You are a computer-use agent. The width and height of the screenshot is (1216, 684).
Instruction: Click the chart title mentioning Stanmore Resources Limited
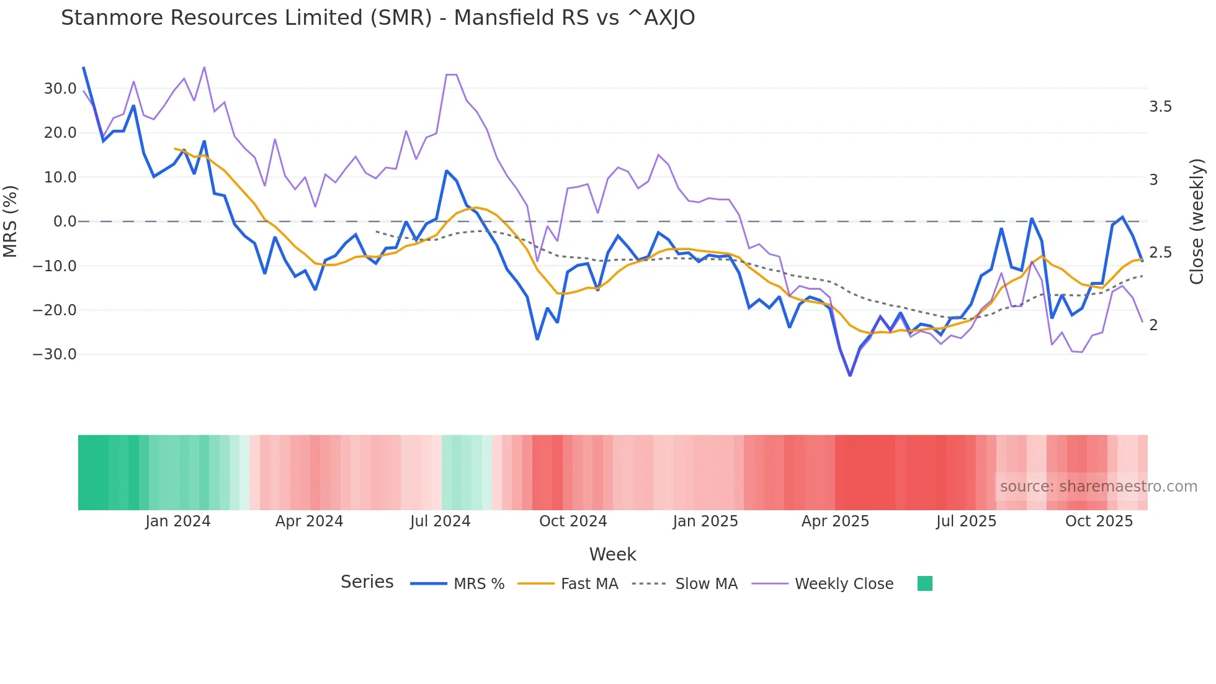coord(378,18)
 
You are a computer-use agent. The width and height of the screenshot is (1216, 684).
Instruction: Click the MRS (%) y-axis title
coord(11,221)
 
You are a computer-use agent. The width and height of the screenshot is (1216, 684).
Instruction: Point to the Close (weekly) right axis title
coord(1197,222)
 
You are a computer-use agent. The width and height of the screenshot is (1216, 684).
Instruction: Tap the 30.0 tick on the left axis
coord(60,89)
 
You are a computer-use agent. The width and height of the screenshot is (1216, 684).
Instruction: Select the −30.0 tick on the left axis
coord(55,354)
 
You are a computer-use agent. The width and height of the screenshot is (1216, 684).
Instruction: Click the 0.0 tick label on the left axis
coord(65,222)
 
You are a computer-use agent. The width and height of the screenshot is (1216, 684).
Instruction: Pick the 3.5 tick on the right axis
coord(1160,107)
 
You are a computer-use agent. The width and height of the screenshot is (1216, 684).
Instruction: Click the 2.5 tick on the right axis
coord(1160,253)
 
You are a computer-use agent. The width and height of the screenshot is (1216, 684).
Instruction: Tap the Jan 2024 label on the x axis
coord(178,521)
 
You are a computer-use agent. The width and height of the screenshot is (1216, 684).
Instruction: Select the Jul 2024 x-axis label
coord(440,521)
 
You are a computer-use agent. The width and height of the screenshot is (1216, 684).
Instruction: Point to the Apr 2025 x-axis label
coord(835,521)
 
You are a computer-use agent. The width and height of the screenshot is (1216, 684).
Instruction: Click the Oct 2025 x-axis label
coord(1099,521)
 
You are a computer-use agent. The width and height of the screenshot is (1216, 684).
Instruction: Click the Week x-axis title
coord(612,554)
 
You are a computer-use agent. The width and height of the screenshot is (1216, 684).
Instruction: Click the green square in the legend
coord(925,583)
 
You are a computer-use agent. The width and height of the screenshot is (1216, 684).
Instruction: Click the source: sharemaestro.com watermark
coord(1098,487)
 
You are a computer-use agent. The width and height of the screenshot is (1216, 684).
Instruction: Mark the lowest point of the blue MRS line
coord(850,375)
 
